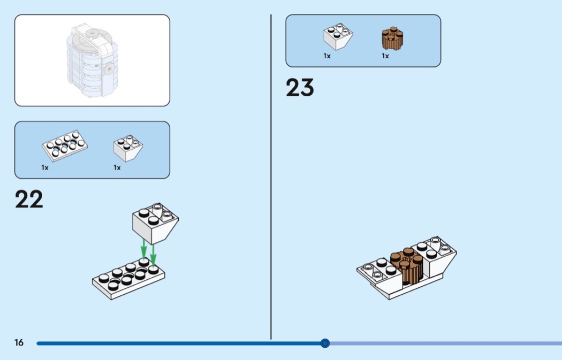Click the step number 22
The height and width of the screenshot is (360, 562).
point(29,199)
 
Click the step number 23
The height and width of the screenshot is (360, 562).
point(300,87)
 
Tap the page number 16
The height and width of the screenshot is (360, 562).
point(19,342)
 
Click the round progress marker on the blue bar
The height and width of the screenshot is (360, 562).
point(325,343)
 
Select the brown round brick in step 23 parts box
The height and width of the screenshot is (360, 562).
point(392,38)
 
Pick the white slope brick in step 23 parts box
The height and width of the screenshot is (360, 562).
point(338,36)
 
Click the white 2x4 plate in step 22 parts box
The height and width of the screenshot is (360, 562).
point(65,145)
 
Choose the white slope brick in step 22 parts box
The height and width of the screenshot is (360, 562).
point(128,148)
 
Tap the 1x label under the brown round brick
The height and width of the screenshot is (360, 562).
point(385,56)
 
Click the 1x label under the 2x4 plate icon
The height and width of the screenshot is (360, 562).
point(45,167)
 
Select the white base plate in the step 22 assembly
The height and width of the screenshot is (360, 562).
point(128,278)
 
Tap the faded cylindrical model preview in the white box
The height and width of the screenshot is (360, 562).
point(92,60)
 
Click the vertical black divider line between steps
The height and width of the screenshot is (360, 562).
point(271,177)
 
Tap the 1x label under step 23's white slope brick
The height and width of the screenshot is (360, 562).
point(327,56)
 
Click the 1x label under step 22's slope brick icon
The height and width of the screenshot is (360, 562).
point(117,167)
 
